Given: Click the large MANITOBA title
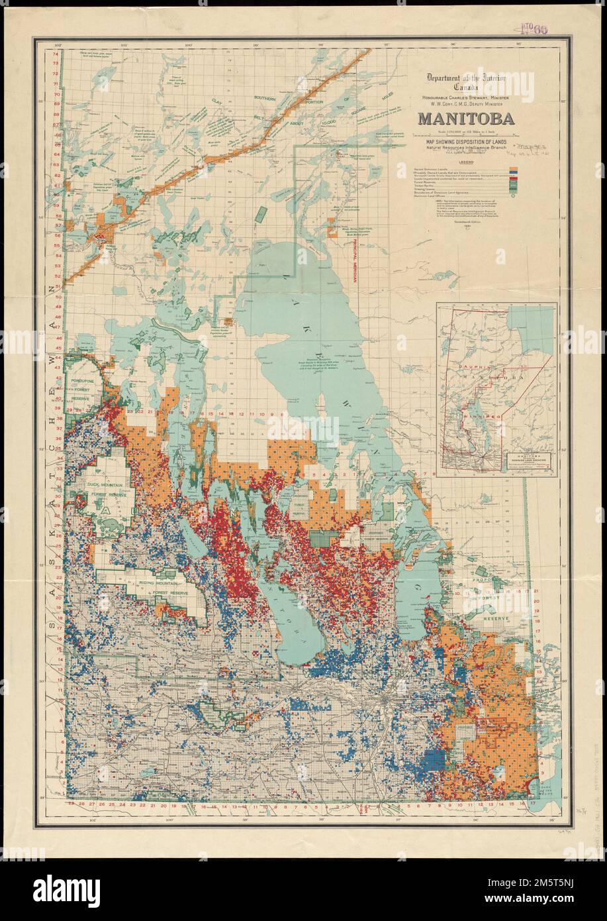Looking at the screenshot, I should [464, 120].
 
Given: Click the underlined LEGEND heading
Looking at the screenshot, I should [463, 162].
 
